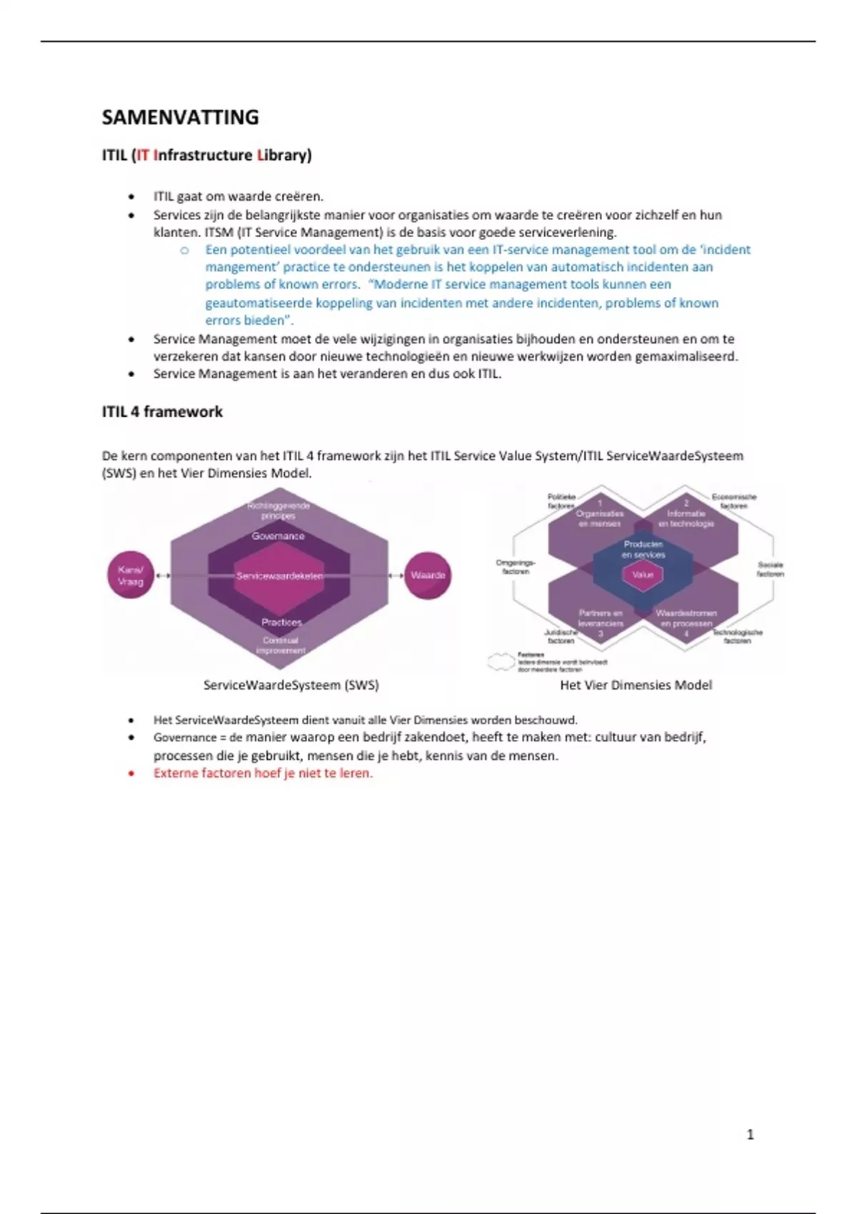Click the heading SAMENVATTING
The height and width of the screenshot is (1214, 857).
pos(180,117)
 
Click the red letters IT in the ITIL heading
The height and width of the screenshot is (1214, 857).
pos(143,155)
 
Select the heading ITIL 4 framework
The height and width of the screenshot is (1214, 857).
pos(162,412)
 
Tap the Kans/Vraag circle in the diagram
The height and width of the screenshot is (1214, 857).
pos(131,575)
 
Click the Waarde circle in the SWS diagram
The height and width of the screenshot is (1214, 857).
pos(428,575)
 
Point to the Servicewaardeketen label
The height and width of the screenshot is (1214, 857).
pos(280,576)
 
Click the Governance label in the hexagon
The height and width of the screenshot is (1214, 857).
pos(278,536)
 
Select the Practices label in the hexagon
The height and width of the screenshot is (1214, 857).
pos(281,622)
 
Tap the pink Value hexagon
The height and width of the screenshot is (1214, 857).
pos(643,574)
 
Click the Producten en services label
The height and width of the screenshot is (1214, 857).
pos(643,549)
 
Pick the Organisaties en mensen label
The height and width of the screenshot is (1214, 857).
pos(600,518)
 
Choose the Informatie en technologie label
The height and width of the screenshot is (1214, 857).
pos(686,518)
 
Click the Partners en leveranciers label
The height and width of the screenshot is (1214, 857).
pos(601,618)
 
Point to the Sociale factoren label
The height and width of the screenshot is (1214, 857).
pos(770,569)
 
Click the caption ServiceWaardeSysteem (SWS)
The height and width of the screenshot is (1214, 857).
pos(291,685)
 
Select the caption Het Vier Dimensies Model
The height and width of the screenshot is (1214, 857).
pos(636,685)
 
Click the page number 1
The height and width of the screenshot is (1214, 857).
pos(750,1135)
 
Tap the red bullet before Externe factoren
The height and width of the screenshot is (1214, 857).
pos(131,773)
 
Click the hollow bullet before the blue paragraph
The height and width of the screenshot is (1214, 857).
pos(184,250)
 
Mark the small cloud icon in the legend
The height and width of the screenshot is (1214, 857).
pos(501,661)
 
